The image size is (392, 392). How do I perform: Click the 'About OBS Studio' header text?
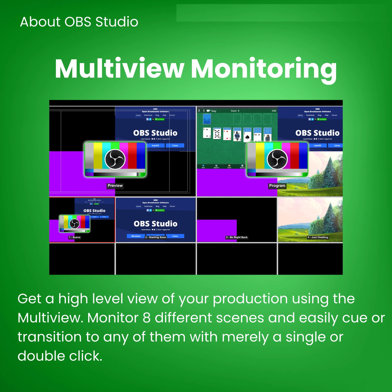(79, 22)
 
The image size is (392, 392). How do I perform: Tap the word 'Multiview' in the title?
(119, 69)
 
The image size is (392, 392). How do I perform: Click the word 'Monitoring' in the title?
(263, 70)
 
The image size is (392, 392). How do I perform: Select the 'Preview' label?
(115, 186)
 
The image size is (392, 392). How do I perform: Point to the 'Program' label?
(277, 186)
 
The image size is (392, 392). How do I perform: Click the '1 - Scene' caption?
(74, 238)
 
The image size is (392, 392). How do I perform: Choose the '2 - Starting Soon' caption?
(156, 238)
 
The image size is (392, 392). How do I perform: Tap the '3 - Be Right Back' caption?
(237, 238)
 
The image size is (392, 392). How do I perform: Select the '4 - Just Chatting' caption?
(318, 238)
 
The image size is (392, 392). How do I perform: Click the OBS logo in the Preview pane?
(115, 159)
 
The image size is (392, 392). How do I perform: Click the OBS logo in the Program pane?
(277, 159)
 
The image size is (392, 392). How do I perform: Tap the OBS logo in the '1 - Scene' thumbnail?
(74, 223)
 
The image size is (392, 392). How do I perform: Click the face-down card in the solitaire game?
(207, 119)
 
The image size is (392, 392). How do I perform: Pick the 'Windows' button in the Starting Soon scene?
(136, 236)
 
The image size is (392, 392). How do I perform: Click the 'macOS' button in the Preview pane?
(155, 145)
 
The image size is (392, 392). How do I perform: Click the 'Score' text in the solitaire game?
(234, 111)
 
